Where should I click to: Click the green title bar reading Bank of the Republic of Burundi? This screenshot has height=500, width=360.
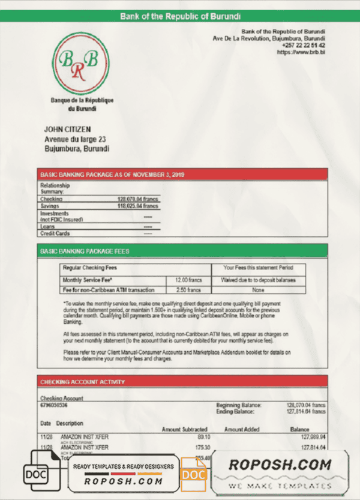tap(180, 16)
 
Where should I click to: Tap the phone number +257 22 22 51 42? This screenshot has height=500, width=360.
tap(302, 46)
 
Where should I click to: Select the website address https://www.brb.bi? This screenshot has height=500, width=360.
tap(301, 53)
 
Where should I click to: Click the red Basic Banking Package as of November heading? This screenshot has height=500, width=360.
tap(112, 175)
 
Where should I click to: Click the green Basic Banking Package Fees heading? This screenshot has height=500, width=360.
tap(85, 251)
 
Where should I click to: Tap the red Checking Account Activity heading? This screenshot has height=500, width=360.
tap(82, 382)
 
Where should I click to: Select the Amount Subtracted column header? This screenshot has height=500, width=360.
tap(185, 430)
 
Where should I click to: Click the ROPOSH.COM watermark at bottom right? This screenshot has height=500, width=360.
tap(280, 465)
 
